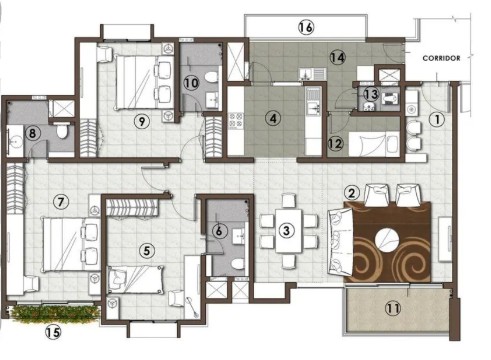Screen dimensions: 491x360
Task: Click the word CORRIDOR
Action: pos(441,58)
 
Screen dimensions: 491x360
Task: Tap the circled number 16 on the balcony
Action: pos(306,27)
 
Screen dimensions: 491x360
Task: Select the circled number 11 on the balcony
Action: pos(393,308)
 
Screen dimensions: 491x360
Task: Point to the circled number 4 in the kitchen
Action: pos(273,118)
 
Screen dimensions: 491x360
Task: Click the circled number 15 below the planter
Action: pos(53,332)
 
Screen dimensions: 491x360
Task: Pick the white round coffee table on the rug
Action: pos(387,240)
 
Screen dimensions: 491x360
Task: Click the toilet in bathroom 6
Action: pos(238,264)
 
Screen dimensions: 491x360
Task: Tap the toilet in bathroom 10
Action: pos(210,77)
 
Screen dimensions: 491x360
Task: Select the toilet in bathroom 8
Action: pos(62,131)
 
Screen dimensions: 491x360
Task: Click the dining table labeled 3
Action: pos(289,231)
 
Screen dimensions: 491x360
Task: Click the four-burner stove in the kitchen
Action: pos(236,120)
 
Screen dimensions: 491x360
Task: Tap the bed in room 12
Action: pos(374,144)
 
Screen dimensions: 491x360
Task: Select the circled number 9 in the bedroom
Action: pos(142,121)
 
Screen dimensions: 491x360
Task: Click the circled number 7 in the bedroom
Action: pos(61,202)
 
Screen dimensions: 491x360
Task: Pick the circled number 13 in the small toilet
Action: pos(371,94)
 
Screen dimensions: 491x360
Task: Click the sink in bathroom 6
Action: pos(239,236)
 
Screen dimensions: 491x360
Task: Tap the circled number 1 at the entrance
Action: pos(437,119)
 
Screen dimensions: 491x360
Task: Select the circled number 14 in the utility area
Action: pos(337,58)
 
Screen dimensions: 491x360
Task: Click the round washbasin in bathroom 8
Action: pos(15,141)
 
